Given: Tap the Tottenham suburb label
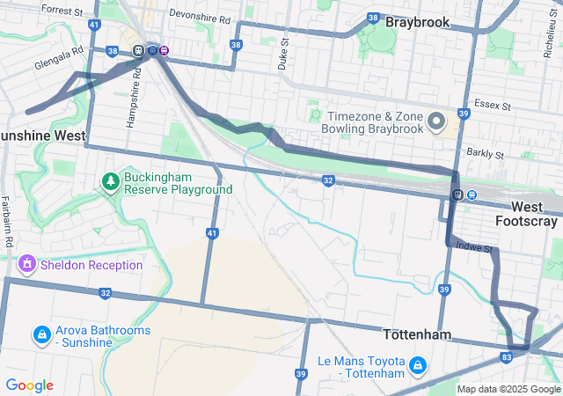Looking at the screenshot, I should tap(417, 335).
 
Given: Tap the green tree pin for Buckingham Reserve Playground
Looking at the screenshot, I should tap(110, 182).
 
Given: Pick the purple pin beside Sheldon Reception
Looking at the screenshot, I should tap(27, 263).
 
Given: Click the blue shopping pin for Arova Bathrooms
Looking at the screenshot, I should tap(41, 334).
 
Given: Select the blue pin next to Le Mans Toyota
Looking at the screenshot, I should tap(417, 365).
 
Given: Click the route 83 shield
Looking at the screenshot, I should tap(506, 356).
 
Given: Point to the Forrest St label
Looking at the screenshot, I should tap(62, 11).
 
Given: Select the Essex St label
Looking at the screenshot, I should tap(493, 105).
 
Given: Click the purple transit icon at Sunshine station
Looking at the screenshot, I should tap(165, 50).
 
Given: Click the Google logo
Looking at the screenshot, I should tap(29, 385).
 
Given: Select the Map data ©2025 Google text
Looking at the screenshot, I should tap(508, 389).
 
